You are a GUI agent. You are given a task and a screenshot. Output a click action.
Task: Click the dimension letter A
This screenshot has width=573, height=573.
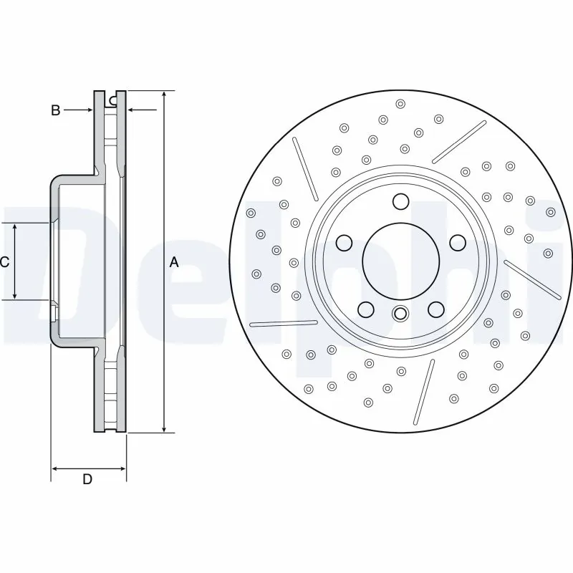point(174,263)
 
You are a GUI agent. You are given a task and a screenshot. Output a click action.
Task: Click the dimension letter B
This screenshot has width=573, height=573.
point(54,110)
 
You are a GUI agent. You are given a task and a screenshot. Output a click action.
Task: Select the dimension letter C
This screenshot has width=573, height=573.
point(4,262)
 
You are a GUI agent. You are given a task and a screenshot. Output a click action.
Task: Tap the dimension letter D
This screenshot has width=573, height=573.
point(87,479)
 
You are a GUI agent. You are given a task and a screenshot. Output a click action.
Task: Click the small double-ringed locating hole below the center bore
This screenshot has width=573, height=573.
point(400,312)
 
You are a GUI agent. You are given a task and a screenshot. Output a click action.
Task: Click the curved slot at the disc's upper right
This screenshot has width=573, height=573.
point(459,142)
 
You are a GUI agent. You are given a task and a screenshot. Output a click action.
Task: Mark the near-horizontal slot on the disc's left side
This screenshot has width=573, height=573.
point(282,323)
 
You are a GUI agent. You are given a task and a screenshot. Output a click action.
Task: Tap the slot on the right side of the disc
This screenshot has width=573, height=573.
point(531,279)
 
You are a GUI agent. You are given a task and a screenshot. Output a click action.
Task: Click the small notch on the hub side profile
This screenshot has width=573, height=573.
point(54,312)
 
